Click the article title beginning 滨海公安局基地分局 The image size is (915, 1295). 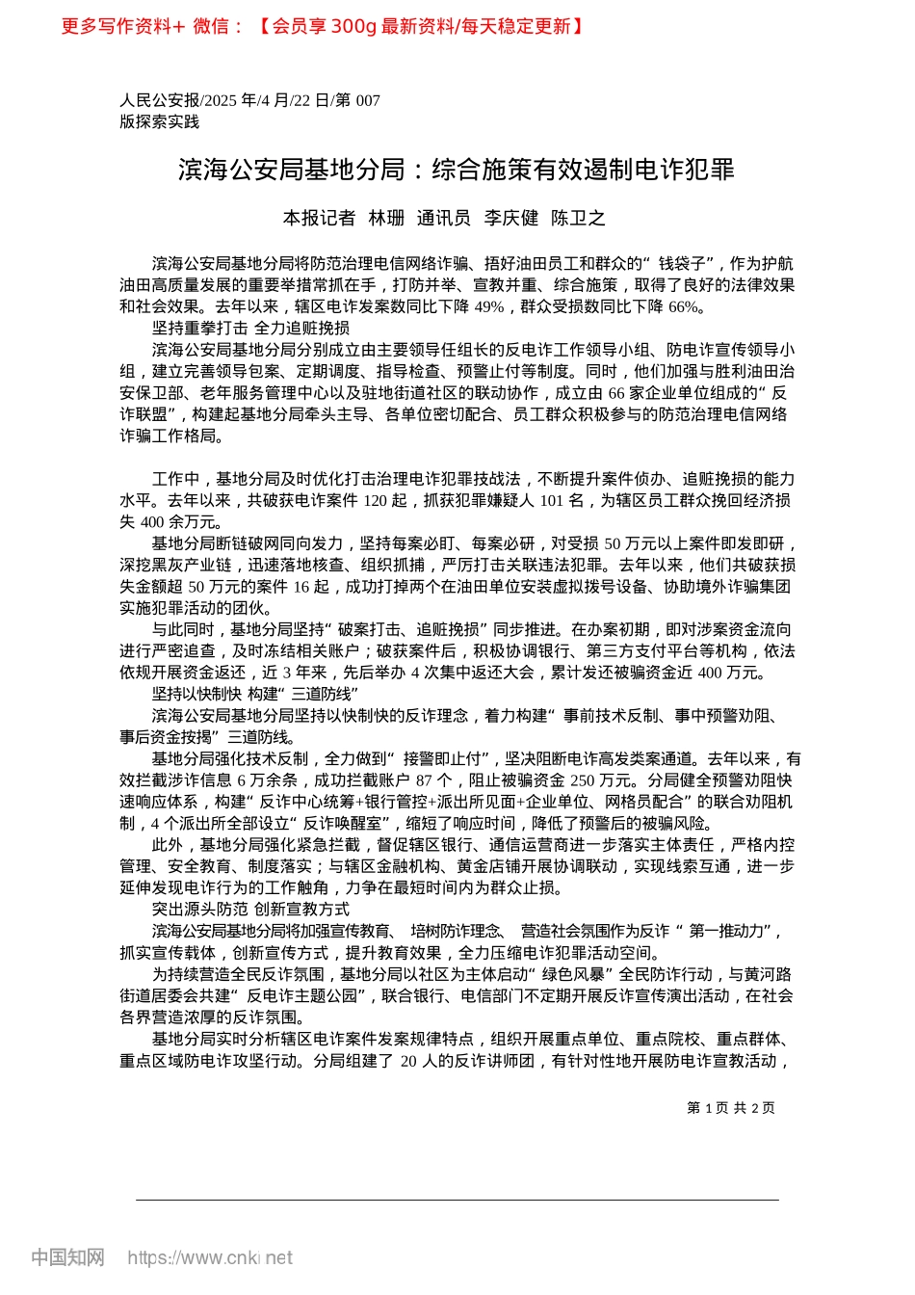[x=457, y=171]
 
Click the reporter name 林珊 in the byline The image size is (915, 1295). [x=386, y=219]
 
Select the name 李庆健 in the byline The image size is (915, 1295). [x=510, y=219]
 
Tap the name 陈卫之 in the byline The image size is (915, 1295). [x=578, y=219]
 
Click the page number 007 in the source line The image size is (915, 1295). [x=368, y=101]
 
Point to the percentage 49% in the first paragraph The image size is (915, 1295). [x=489, y=307]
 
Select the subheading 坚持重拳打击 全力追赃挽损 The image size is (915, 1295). [x=250, y=329]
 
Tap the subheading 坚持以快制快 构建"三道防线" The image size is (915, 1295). [x=255, y=695]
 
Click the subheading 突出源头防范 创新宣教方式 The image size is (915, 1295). [x=250, y=910]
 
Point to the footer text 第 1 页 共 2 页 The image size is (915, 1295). [x=731, y=1108]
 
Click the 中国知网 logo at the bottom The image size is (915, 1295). [x=67, y=1257]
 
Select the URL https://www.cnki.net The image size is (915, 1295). [x=210, y=1258]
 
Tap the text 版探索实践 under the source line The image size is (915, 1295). [x=160, y=122]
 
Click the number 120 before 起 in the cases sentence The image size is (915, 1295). [x=376, y=501]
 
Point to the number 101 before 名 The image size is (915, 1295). [x=552, y=501]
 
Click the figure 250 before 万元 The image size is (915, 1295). [x=583, y=780]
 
